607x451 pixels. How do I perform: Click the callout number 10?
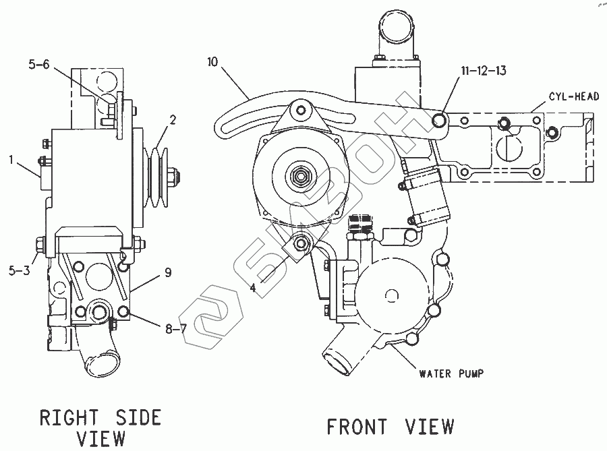point(214,63)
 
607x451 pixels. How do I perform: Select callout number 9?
point(167,272)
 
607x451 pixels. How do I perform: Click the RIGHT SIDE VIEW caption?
point(100,427)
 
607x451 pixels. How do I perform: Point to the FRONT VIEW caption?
point(390,427)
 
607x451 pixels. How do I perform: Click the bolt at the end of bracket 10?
point(439,121)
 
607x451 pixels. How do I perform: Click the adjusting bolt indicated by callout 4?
point(301,243)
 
